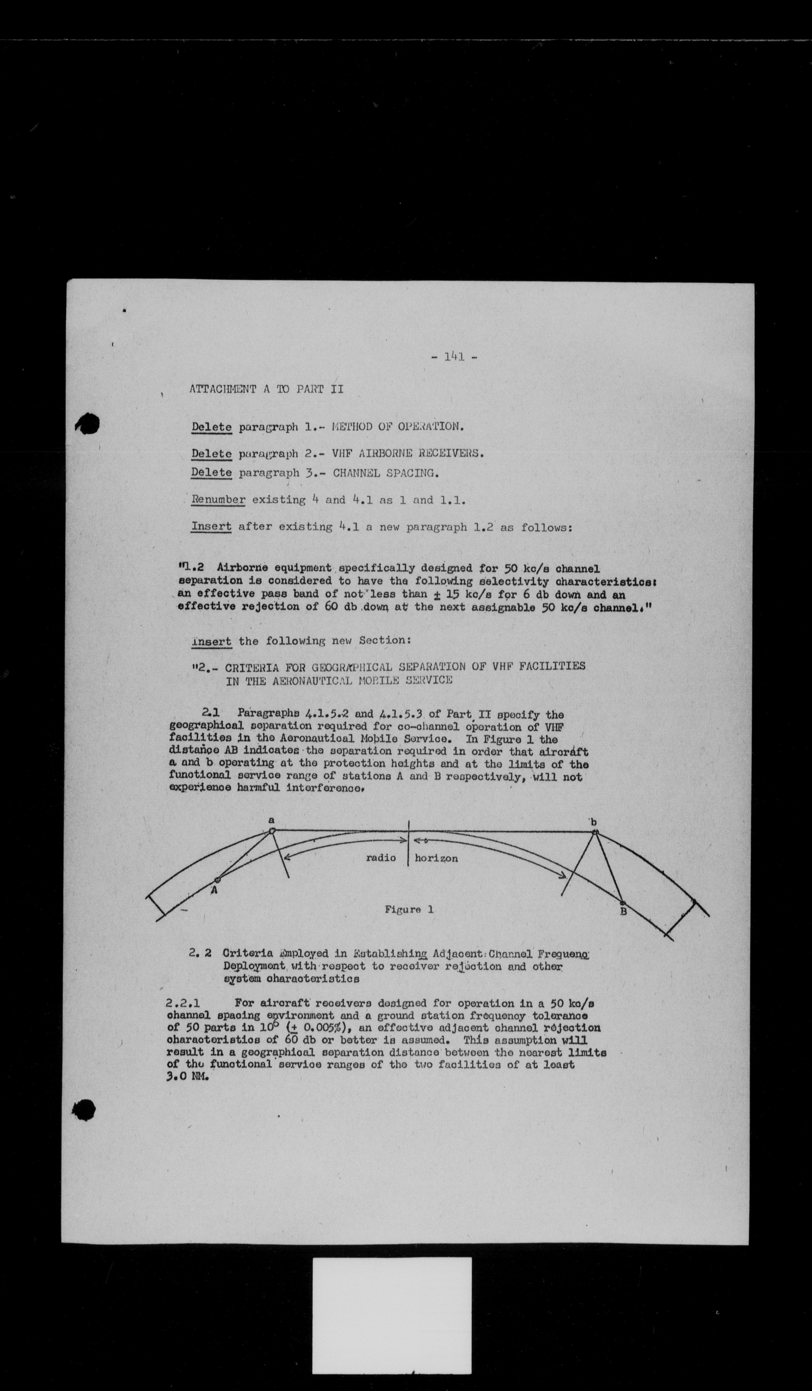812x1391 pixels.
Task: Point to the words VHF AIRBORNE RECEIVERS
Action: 408,454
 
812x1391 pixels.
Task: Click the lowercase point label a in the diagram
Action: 271,820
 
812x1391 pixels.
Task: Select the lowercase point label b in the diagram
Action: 594,822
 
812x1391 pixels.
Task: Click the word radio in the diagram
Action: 381,858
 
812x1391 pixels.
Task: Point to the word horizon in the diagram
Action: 436,858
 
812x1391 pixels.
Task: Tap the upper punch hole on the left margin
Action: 88,424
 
